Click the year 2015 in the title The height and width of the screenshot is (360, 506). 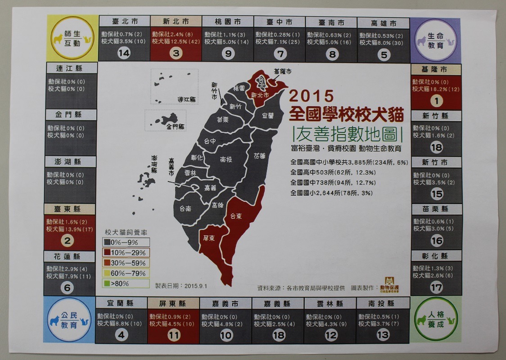pyautogui.click(x=312, y=96)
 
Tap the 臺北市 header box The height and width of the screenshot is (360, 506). pyautogui.click(x=124, y=22)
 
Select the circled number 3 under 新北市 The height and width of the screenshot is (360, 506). pyautogui.click(x=176, y=54)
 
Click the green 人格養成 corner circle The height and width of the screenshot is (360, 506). pyautogui.click(x=435, y=319)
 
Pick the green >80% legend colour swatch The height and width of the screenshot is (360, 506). pyautogui.click(x=108, y=283)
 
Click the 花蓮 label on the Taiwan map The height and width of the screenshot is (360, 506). pyautogui.click(x=259, y=156)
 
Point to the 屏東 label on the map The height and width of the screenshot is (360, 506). pyautogui.click(x=208, y=238)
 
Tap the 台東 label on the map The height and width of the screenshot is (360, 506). pyautogui.click(x=236, y=216)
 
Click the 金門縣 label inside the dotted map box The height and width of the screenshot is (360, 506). pyautogui.click(x=175, y=127)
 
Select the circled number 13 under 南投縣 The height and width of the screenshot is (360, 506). pyautogui.click(x=383, y=335)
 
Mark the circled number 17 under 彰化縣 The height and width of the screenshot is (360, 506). pyautogui.click(x=436, y=287)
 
